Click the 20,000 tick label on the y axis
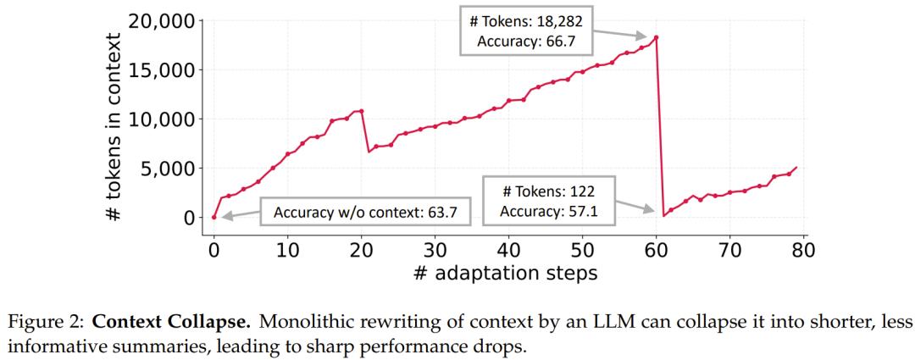pos(160,21)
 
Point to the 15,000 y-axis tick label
pos(160,69)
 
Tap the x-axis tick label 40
pos(508,250)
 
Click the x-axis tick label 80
pos(803,250)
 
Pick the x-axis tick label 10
pos(287,250)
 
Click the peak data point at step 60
pos(657,37)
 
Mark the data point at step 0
pos(213,217)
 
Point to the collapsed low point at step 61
pos(664,215)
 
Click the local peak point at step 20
pos(362,111)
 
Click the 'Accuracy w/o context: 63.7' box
pos(365,213)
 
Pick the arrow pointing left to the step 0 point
pos(239,215)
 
